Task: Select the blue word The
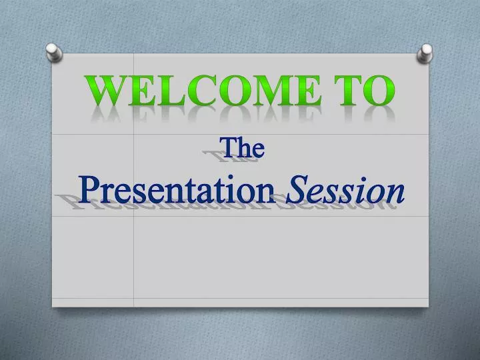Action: click(243, 148)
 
